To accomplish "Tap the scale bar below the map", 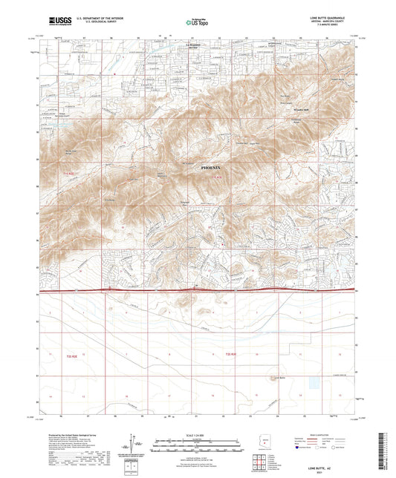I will coord(197,441).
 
